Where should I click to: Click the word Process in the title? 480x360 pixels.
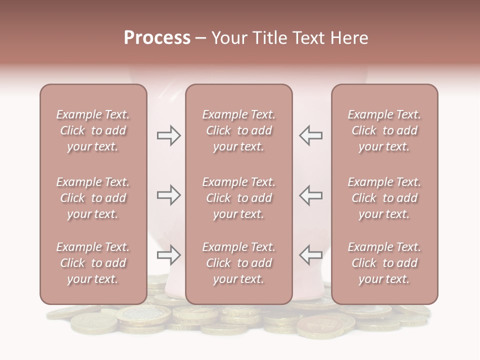point(157,38)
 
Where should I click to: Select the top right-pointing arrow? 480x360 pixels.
point(169,135)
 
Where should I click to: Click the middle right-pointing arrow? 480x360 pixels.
point(169,195)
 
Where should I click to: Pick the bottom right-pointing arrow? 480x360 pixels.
point(169,255)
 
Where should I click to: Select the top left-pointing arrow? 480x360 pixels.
point(310,135)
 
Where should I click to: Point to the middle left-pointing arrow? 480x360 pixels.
point(310,195)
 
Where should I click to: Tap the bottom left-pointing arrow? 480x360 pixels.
point(310,255)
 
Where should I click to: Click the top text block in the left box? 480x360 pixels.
point(93,130)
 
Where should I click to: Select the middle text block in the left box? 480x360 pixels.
point(93,198)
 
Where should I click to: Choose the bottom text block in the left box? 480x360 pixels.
point(93,263)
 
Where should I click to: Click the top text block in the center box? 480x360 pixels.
point(238,130)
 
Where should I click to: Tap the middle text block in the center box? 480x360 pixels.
point(238,198)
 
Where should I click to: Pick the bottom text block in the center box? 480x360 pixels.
point(238,263)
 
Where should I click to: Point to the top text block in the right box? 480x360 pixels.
point(384,130)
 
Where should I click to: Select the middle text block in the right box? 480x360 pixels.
point(384,198)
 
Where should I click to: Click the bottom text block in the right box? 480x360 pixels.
point(384,263)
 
